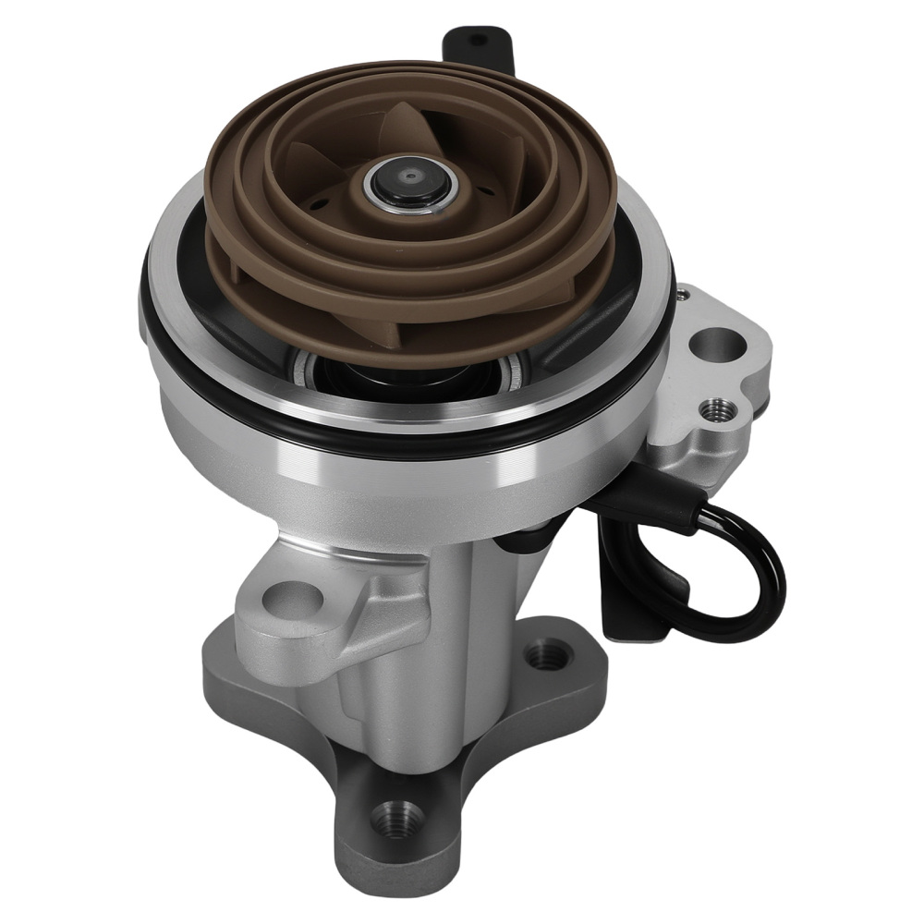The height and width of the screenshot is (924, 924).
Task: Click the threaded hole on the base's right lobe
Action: point(540,658)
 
